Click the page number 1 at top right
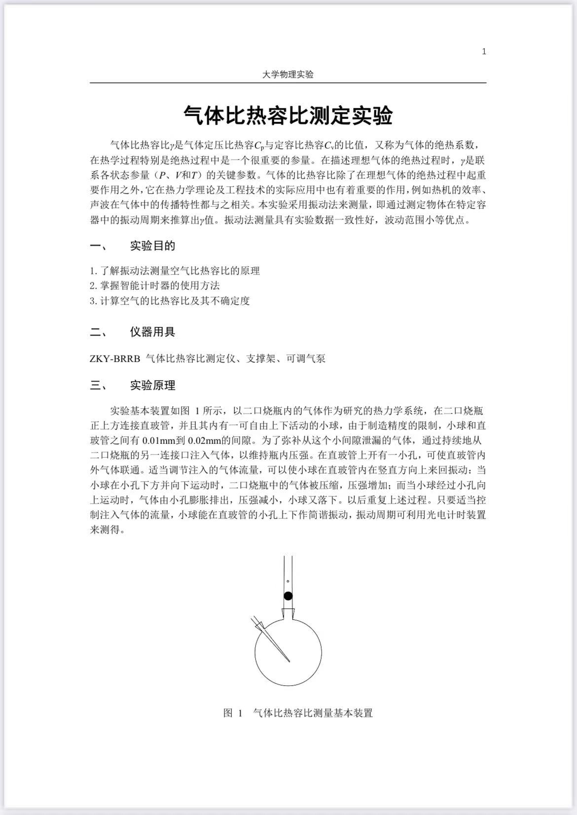(x=484, y=51)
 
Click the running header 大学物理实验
(x=288, y=74)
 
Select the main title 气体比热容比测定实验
(x=288, y=116)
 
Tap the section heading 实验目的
(x=152, y=246)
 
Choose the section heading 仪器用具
(x=152, y=332)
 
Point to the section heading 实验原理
(x=152, y=386)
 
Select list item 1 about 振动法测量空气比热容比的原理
(x=175, y=271)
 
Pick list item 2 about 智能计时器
(x=155, y=285)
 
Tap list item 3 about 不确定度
(x=170, y=301)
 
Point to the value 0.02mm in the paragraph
(x=205, y=440)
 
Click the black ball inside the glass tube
(x=288, y=596)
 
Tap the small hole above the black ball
(x=288, y=582)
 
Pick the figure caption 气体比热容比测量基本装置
(x=313, y=713)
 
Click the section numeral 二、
(x=98, y=332)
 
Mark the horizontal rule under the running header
(x=288, y=83)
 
